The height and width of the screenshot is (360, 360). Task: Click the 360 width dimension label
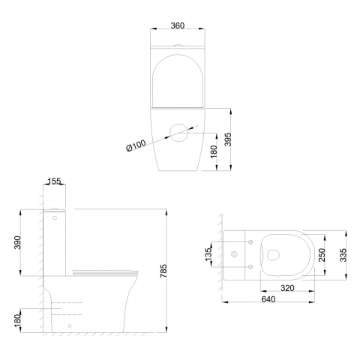(178, 25)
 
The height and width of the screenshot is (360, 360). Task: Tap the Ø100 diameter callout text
(136, 145)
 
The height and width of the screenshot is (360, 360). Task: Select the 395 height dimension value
(228, 139)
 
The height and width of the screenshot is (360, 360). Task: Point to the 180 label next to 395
(214, 151)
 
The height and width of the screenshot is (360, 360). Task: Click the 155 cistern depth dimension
(54, 181)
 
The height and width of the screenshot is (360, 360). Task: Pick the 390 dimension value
(17, 242)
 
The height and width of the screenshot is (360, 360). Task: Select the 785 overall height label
(163, 271)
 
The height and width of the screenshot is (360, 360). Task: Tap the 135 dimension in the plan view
(208, 254)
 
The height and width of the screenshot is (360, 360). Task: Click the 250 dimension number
(322, 255)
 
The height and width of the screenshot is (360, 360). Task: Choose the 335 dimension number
(343, 255)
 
